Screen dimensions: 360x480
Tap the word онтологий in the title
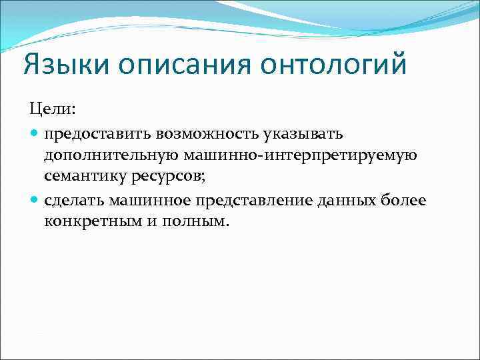[334, 67]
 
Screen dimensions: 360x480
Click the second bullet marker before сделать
[34, 199]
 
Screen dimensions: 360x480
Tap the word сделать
[74, 199]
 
